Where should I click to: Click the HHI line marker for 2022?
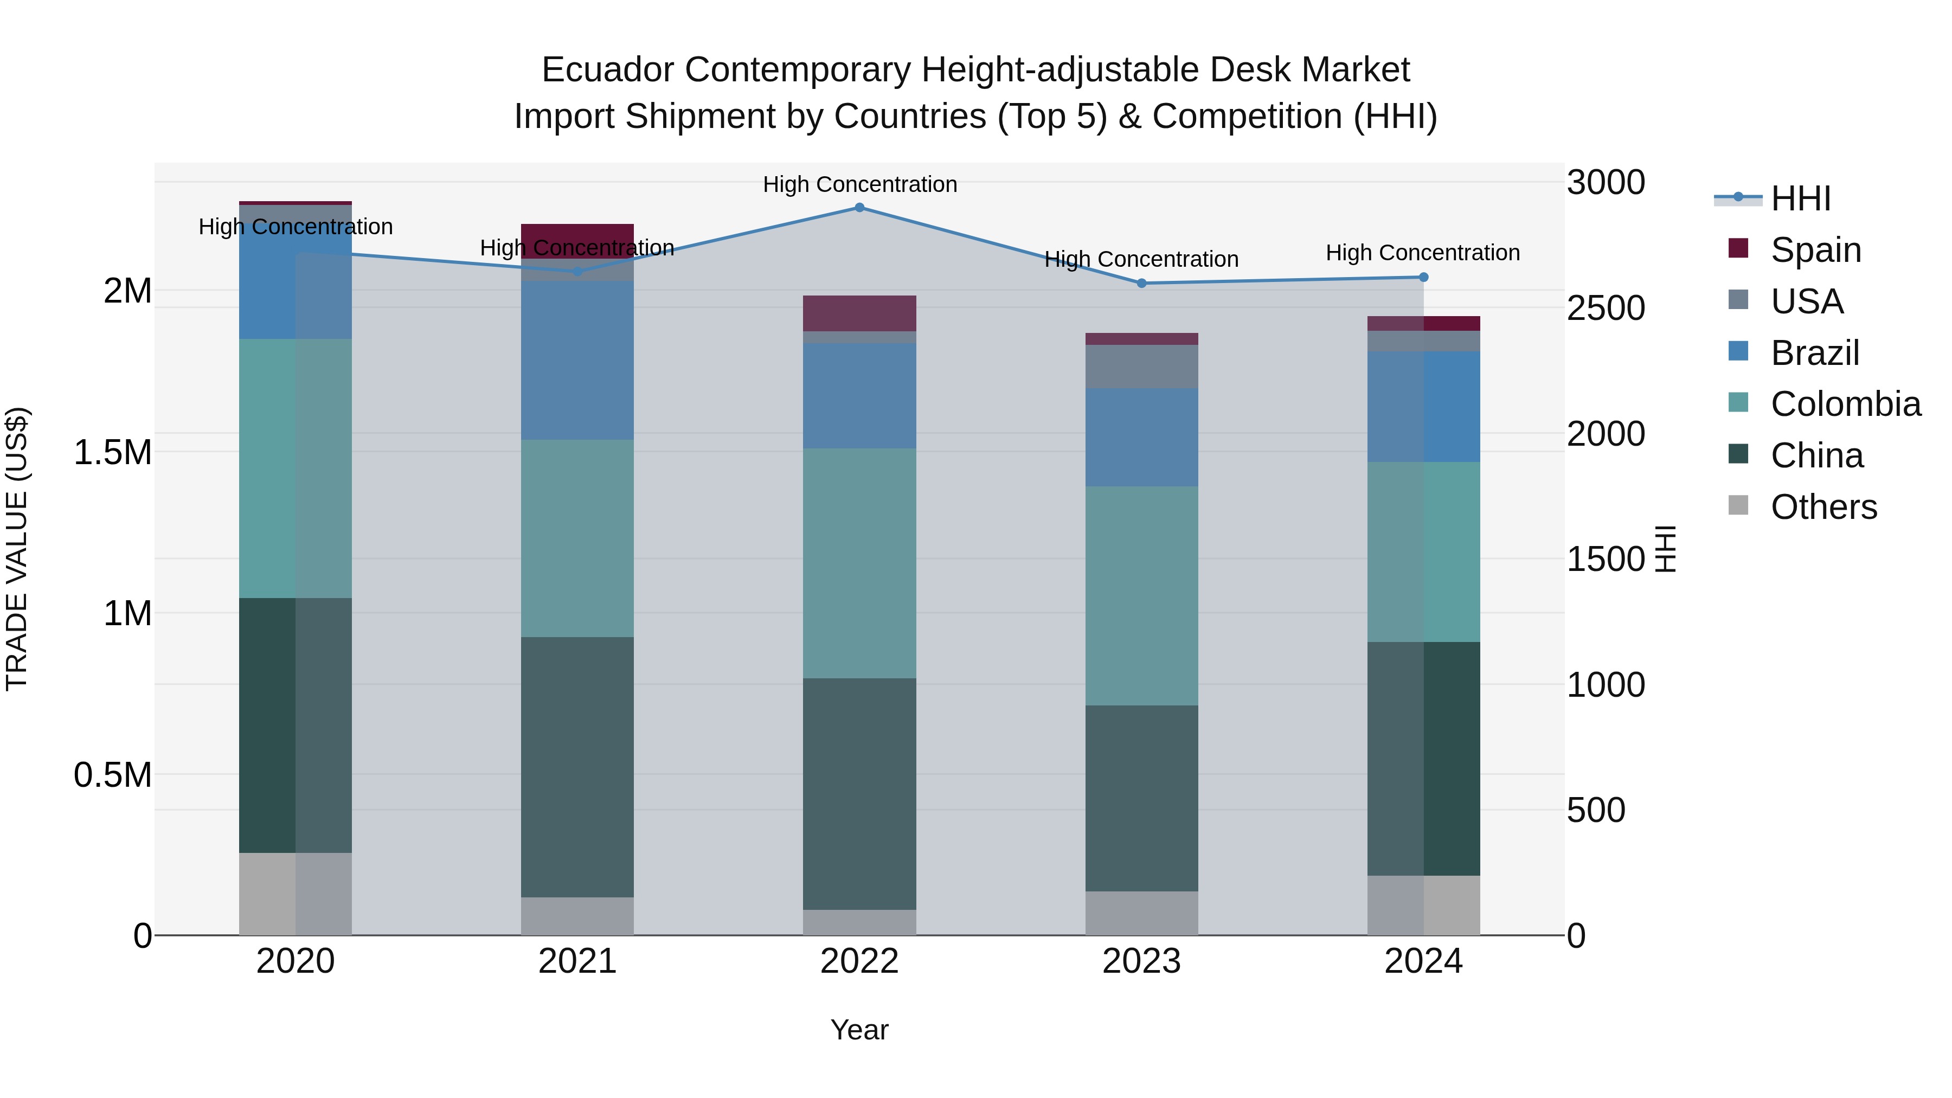tap(859, 208)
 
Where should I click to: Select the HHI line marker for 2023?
tap(1142, 284)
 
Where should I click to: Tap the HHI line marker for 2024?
tap(1423, 277)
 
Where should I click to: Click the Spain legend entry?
tap(1815, 250)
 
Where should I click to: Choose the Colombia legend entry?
tap(1845, 404)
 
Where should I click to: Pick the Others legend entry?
tap(1823, 507)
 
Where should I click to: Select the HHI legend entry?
tap(1800, 198)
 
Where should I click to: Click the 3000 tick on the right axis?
tap(1606, 183)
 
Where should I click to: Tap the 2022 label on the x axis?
tap(859, 961)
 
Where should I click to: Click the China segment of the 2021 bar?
tap(577, 767)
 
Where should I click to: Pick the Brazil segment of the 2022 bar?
tap(859, 396)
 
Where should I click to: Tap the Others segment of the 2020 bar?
tap(296, 894)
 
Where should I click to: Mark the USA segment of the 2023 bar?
tap(1142, 367)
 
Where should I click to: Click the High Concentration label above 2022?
tap(859, 184)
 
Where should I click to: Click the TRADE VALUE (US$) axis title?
tap(17, 549)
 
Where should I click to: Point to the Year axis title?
tap(859, 1030)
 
